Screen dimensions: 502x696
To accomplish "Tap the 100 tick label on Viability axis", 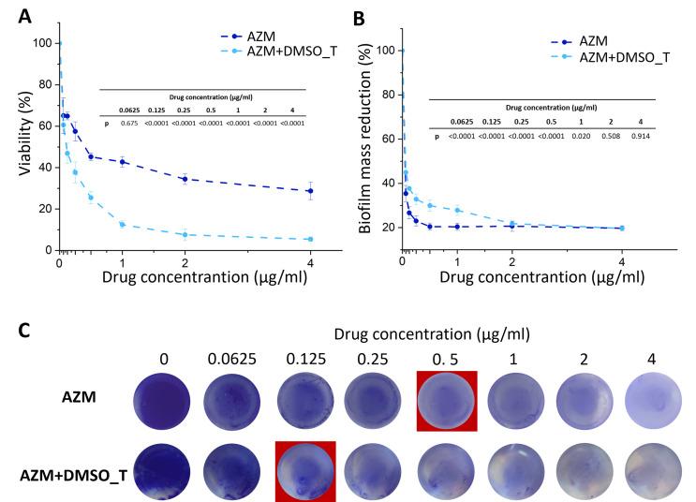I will coord(39,43).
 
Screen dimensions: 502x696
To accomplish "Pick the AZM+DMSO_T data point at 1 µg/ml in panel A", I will coord(122,225).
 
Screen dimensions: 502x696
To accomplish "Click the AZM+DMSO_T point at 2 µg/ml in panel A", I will coord(185,235).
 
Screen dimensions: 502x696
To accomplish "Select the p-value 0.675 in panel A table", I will coord(132,122).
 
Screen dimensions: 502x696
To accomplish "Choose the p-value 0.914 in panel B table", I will coord(640,137).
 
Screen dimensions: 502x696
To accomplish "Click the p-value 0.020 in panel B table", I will coord(561,137).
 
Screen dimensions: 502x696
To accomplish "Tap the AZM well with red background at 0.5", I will coord(447,400).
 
